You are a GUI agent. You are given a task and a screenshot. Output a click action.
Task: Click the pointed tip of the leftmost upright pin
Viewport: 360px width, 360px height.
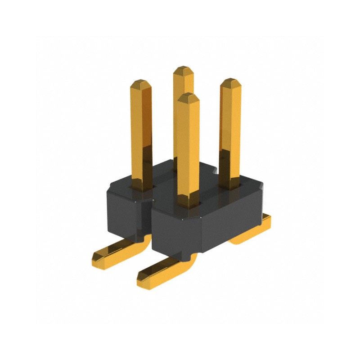[141, 83]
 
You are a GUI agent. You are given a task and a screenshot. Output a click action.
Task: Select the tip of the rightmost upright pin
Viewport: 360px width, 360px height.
[230, 81]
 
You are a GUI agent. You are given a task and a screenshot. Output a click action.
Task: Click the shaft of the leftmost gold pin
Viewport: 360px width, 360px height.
[141, 130]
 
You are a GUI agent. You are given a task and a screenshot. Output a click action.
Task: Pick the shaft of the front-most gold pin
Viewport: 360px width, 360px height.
[188, 148]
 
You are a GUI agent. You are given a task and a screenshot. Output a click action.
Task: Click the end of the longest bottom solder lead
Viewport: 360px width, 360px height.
[143, 279]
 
